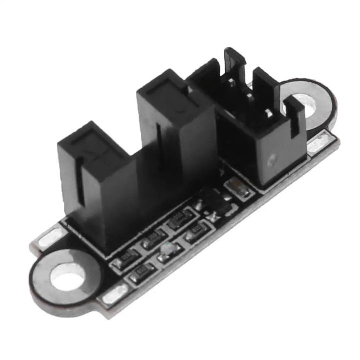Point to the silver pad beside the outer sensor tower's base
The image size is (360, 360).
[47, 239]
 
